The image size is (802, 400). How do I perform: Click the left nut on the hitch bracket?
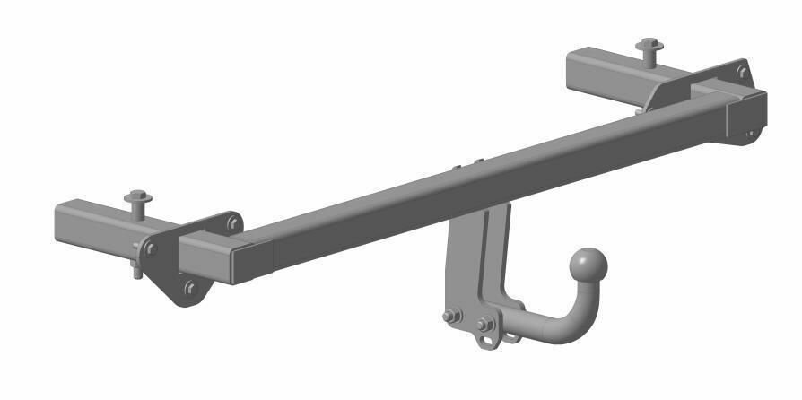pyautogui.click(x=452, y=315)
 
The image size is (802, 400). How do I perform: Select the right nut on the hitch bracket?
pyautogui.click(x=486, y=324)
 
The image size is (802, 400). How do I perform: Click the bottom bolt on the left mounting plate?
pyautogui.click(x=190, y=288)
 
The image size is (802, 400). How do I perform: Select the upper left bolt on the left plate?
pyautogui.click(x=152, y=248)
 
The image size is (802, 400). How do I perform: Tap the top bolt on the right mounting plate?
pyautogui.click(x=742, y=72)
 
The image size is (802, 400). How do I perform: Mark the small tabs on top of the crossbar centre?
pyautogui.click(x=466, y=165)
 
